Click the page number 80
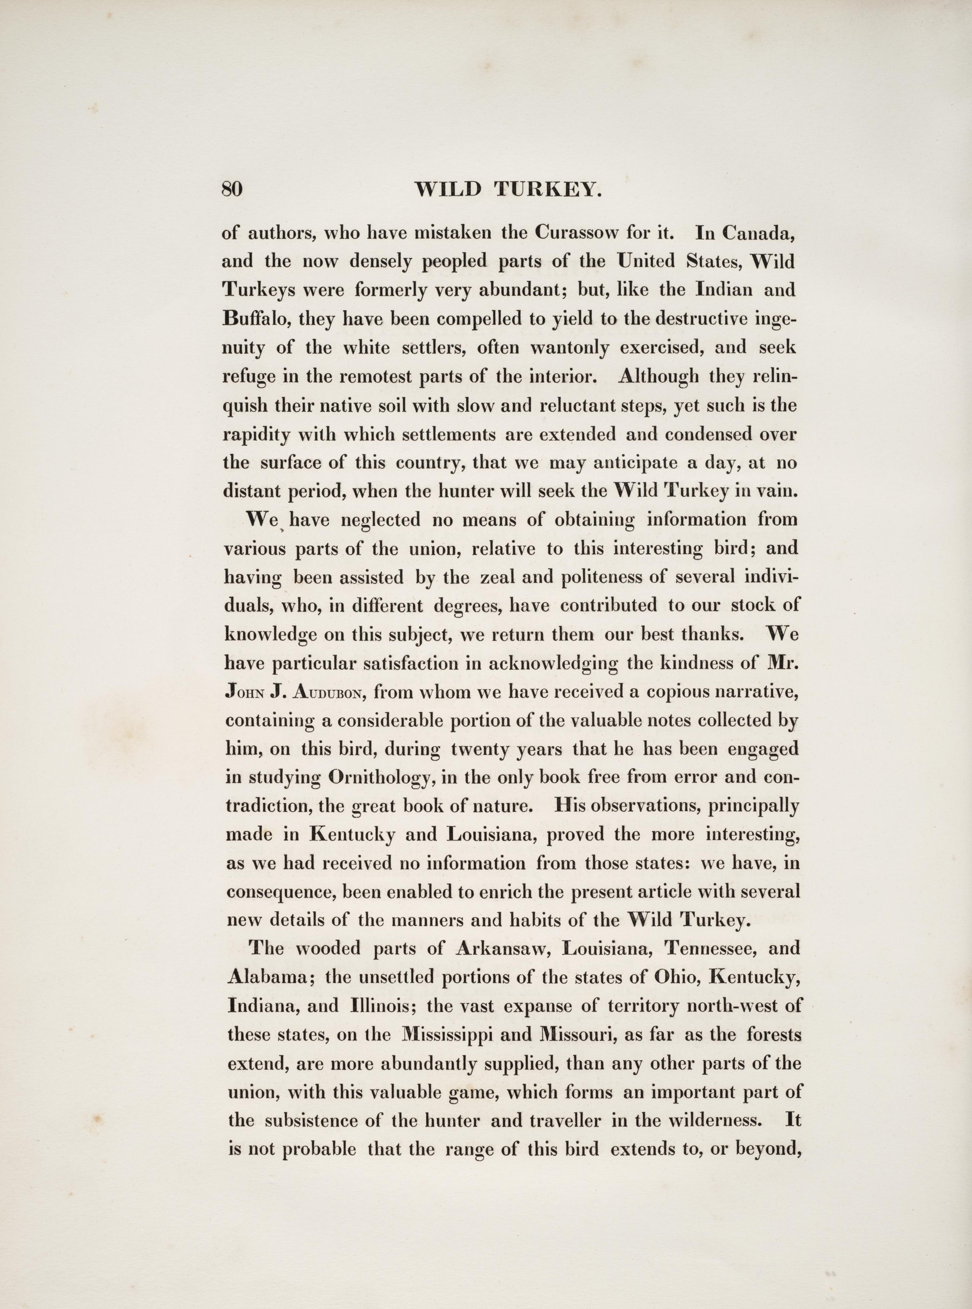(232, 189)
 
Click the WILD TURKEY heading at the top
(508, 189)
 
